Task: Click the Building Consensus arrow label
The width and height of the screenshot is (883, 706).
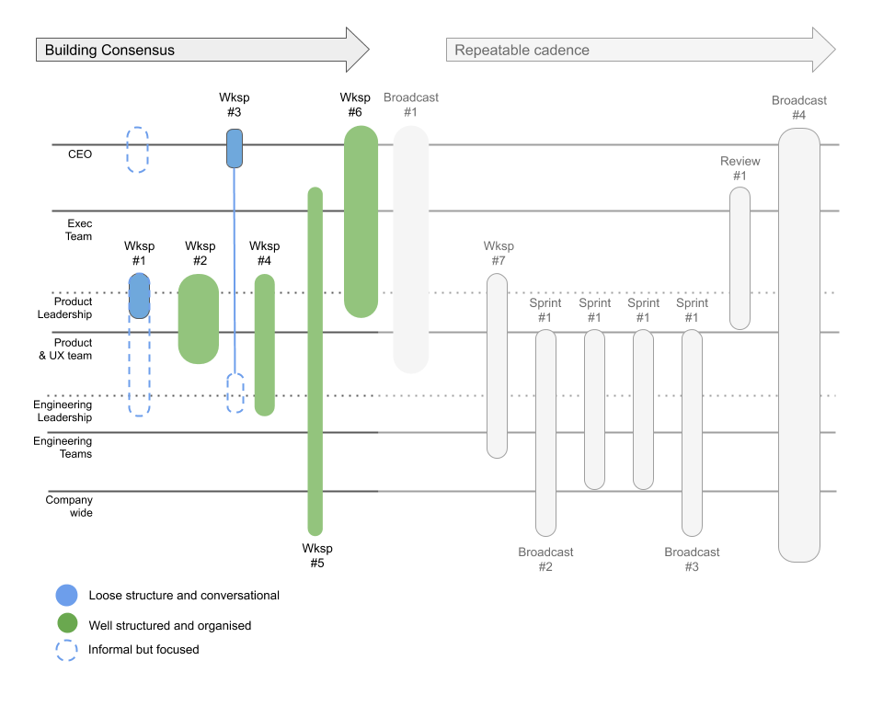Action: (109, 51)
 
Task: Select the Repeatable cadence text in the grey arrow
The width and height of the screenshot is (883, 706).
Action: (522, 51)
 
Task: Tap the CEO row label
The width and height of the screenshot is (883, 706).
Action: (80, 154)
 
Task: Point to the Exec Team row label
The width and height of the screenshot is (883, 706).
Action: (79, 230)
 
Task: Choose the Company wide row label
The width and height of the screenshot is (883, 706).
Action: (69, 507)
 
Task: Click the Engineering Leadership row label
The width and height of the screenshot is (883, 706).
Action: (63, 411)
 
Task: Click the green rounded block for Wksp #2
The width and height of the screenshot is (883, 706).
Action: (198, 319)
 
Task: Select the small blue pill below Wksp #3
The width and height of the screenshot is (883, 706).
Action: (235, 148)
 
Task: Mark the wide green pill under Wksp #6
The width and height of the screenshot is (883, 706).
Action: (361, 222)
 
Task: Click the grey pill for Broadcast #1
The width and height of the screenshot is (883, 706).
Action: (411, 249)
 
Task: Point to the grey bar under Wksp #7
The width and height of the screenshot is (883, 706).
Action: (497, 365)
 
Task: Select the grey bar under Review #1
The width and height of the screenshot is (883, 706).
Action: (740, 258)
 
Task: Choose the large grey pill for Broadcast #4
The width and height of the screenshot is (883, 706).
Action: (798, 345)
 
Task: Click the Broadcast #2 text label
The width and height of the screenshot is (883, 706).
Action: (545, 559)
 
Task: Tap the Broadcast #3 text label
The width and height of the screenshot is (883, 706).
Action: (692, 559)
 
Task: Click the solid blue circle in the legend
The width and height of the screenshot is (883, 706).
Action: (66, 595)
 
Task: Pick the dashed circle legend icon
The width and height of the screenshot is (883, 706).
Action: (66, 650)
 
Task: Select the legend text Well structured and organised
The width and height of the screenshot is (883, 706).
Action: (169, 625)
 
